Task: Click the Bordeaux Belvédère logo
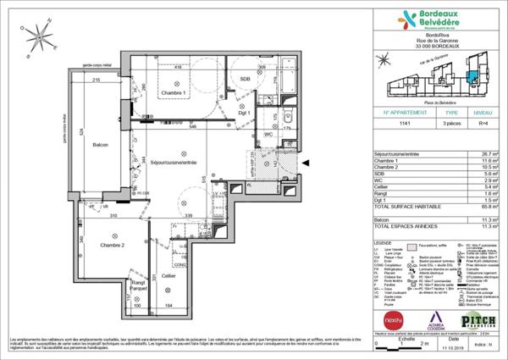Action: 433,25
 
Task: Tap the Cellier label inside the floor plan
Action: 168,276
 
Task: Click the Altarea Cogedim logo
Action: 439,324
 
